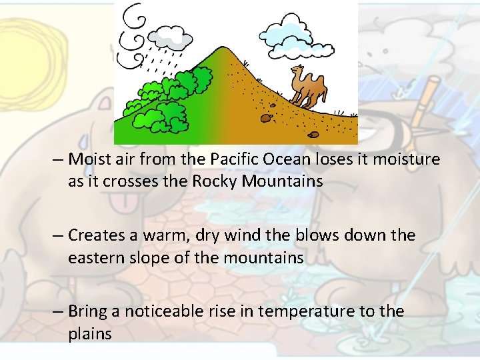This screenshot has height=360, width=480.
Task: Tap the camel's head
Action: [x=296, y=71]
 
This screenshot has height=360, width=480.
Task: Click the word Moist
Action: [x=89, y=159]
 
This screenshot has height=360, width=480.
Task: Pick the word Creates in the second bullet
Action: [x=95, y=235]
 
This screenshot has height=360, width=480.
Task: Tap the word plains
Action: [x=90, y=333]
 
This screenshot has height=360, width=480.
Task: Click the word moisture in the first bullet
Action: [x=408, y=159]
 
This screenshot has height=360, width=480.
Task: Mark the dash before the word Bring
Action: [x=59, y=311]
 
